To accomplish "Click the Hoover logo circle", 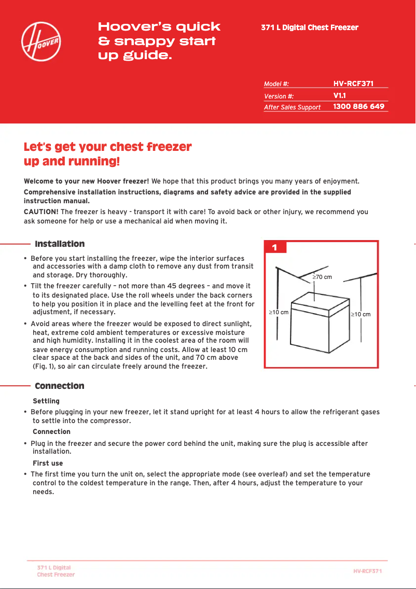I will click(41, 41).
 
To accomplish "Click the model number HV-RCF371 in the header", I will click(353, 83).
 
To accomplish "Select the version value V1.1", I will click(340, 95).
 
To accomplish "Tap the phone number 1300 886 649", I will click(358, 106).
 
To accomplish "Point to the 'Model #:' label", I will click(276, 84).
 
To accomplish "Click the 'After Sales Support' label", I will click(292, 107).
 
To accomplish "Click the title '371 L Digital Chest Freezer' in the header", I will click(310, 27).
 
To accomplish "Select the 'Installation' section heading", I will click(60, 244).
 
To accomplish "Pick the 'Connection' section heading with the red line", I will click(59, 386).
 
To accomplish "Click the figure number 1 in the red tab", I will click(275, 248).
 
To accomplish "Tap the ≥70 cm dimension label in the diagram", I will click(322, 277).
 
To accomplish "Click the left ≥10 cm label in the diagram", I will click(278, 313).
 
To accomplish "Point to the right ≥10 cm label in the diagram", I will click(360, 314).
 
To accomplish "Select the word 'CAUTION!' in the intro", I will click(41, 212).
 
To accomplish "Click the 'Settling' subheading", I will click(46, 401).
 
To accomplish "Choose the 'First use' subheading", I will click(48, 463).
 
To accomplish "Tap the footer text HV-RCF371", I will click(367, 571).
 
